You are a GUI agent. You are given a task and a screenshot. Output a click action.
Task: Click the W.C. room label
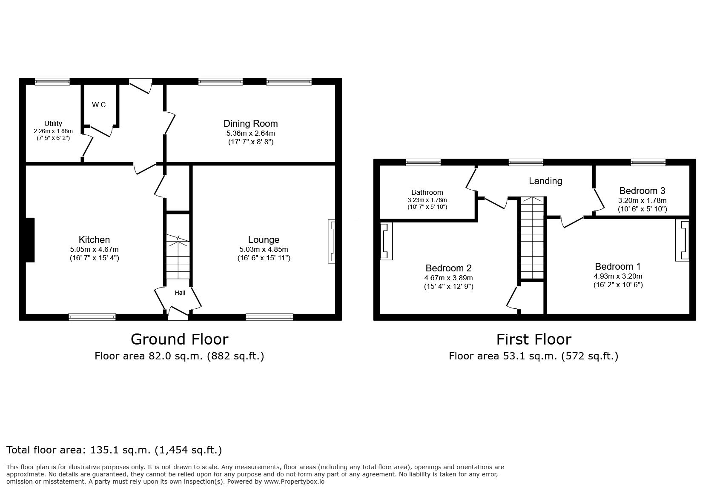(x=100, y=105)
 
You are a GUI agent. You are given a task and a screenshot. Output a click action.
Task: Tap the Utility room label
(x=53, y=123)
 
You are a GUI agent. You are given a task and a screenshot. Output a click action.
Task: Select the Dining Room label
(x=251, y=123)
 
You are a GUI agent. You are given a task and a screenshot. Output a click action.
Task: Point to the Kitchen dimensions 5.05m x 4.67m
(x=95, y=250)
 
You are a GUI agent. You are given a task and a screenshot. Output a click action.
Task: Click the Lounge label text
(x=264, y=239)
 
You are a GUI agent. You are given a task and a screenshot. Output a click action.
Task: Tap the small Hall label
(x=180, y=293)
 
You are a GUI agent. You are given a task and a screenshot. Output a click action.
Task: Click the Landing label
(x=545, y=181)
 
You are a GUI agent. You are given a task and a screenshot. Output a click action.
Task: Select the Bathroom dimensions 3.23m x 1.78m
(x=427, y=200)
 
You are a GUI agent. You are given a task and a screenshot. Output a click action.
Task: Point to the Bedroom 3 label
(x=642, y=191)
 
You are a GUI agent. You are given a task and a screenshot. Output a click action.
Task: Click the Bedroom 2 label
(x=448, y=268)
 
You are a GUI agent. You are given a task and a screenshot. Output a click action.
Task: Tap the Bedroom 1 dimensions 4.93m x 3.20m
(x=618, y=276)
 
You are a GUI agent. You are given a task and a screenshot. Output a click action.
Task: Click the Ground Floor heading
(x=180, y=339)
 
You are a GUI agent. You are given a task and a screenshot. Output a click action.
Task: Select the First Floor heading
(x=534, y=339)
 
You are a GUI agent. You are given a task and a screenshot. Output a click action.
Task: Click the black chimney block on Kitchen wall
(x=30, y=240)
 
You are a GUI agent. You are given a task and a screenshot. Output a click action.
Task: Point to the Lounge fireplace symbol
(x=332, y=241)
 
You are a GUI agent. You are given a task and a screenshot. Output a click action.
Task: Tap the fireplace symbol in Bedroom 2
(x=386, y=241)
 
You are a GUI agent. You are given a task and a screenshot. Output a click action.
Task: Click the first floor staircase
(x=532, y=238)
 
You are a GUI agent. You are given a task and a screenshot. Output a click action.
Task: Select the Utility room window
(x=52, y=82)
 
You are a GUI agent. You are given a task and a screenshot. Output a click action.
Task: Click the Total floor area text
(x=114, y=450)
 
